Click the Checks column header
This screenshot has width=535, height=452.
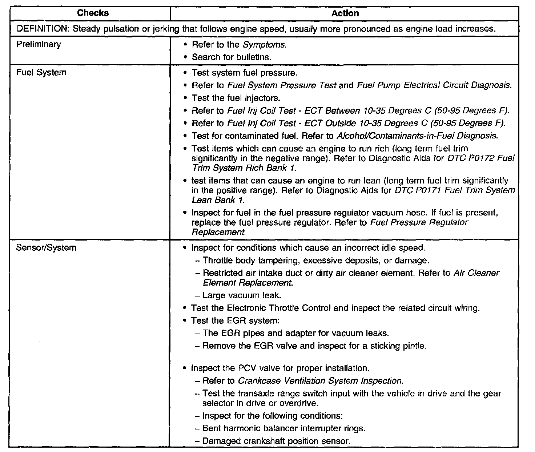pyautogui.click(x=93, y=13)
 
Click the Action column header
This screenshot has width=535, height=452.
pyautogui.click(x=345, y=13)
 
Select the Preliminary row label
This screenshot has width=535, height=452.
pyautogui.click(x=39, y=44)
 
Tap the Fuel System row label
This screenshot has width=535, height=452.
pyautogui.click(x=41, y=72)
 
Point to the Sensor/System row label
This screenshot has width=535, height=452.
pyautogui.click(x=46, y=248)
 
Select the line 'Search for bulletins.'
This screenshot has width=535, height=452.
pyautogui.click(x=232, y=57)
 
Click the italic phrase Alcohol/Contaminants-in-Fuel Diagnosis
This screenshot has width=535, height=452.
pyautogui.click(x=417, y=136)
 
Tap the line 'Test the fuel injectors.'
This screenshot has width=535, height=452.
pyautogui.click(x=236, y=98)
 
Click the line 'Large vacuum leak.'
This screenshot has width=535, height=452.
pyautogui.click(x=242, y=295)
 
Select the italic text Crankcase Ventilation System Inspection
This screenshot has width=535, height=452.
pyautogui.click(x=320, y=381)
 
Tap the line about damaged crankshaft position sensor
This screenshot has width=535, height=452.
pyautogui.click(x=276, y=441)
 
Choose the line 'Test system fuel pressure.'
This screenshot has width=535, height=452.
pyautogui.click(x=244, y=73)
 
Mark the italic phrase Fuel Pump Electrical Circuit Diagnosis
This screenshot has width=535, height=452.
pyautogui.click(x=434, y=85)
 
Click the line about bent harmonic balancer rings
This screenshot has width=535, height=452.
pyautogui.click(x=284, y=428)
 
